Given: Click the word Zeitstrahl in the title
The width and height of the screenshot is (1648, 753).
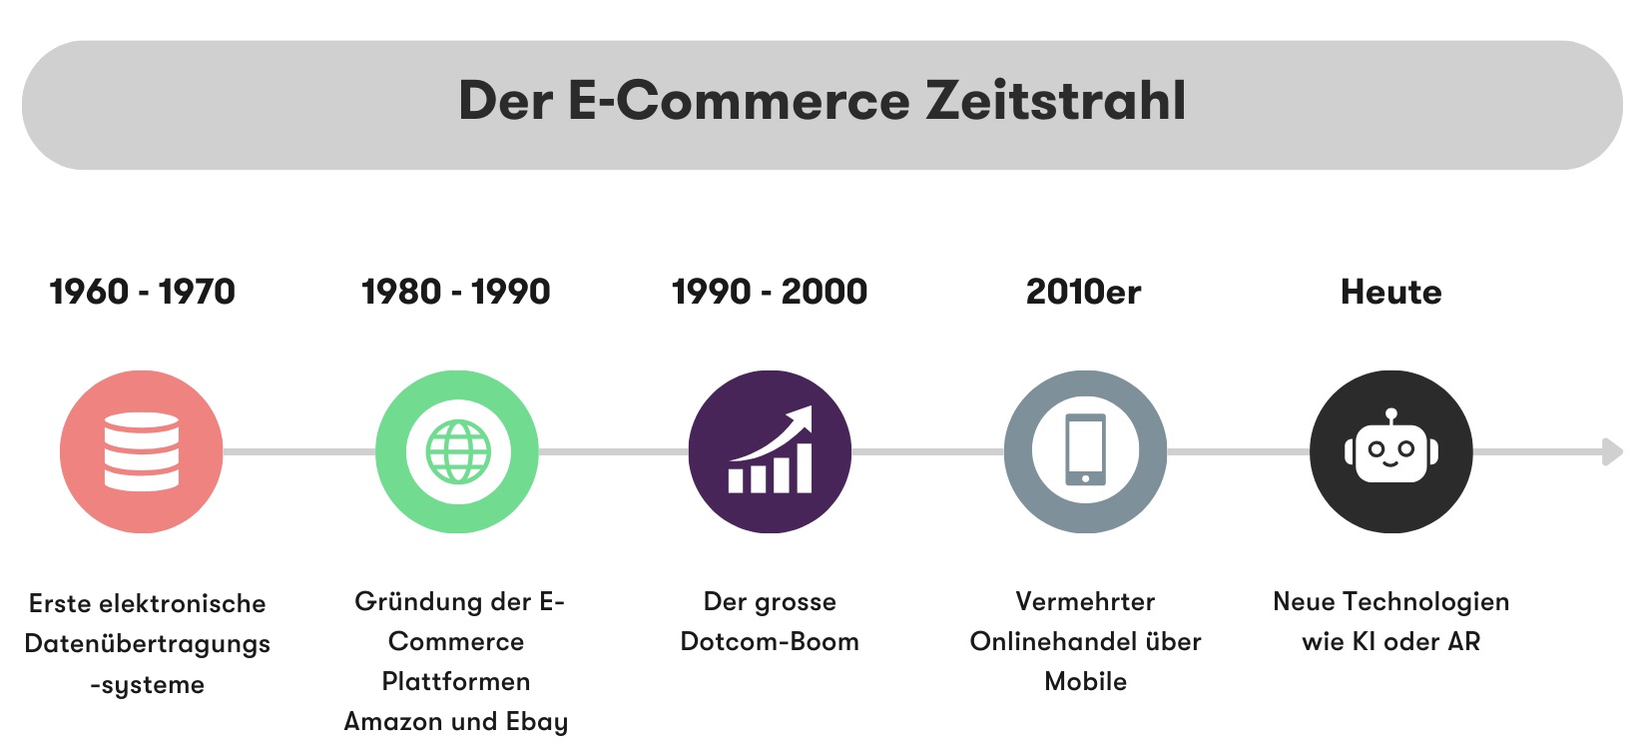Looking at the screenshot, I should pos(1056,101).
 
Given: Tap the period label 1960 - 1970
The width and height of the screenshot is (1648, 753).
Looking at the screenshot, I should pos(142,292).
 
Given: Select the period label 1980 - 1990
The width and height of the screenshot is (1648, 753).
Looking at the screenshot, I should pos(455,292).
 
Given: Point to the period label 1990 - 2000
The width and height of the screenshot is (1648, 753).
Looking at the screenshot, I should pos(769,292).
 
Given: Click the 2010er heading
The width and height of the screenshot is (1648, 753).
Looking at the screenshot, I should pos(1083,292).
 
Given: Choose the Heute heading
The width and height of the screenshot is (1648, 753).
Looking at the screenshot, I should pos(1390,292).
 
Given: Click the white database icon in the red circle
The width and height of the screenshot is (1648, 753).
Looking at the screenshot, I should pos(142,451).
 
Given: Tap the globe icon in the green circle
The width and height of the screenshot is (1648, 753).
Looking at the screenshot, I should pos(458,451).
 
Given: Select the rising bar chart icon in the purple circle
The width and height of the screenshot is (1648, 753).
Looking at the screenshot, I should pos(771,451).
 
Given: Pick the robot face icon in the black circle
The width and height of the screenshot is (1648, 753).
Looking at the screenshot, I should pos(1390,451).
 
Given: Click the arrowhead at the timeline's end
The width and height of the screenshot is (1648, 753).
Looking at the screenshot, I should pos(1612,451).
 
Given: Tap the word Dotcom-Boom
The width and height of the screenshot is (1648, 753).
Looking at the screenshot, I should pos(769,641).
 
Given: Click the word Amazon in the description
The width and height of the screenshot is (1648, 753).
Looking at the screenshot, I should pos(393,721).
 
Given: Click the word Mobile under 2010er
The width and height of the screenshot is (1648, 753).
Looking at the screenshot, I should pos(1085,681).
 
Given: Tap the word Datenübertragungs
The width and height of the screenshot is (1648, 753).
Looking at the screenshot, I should pos(148,644).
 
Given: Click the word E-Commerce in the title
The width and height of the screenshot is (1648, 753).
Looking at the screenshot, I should pos(739,101).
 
